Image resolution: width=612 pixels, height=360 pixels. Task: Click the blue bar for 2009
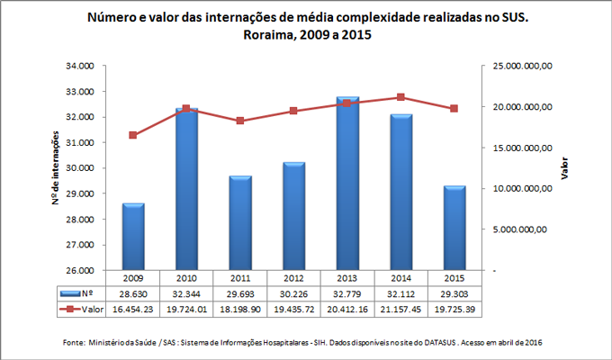point(133,237)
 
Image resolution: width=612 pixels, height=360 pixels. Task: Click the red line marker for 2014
point(400,97)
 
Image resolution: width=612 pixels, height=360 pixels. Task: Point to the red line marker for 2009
point(133,135)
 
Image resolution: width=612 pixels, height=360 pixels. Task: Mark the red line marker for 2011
point(240,121)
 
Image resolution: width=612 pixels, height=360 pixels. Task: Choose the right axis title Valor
point(565,168)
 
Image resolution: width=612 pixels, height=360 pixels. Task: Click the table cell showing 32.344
point(187,293)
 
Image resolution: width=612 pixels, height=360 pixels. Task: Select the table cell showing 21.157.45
point(400,309)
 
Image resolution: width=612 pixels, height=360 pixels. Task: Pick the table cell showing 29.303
point(454,293)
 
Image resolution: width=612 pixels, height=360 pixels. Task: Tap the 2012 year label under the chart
point(293,278)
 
